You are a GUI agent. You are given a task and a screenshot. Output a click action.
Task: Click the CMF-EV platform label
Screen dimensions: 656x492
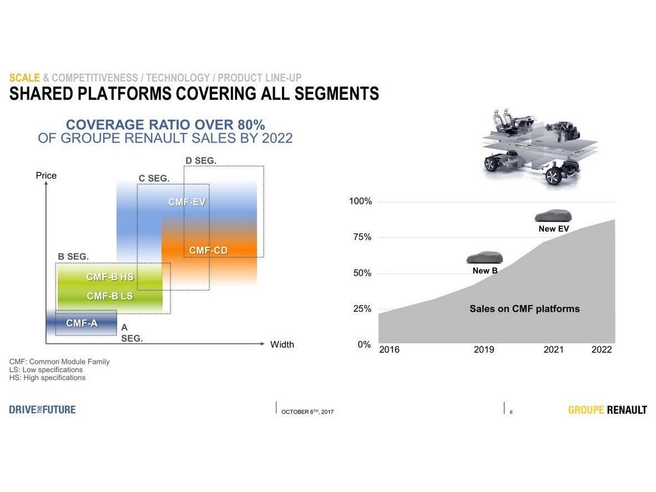click(187, 202)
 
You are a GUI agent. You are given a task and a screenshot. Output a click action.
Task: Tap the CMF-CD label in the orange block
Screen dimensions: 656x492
click(208, 251)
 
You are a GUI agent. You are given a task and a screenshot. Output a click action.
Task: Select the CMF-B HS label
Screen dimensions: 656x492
click(110, 277)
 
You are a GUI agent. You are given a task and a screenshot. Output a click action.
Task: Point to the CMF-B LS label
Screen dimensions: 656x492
click(110, 296)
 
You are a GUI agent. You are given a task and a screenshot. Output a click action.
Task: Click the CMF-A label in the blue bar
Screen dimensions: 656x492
click(82, 323)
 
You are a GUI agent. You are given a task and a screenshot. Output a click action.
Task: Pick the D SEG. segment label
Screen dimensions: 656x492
click(201, 161)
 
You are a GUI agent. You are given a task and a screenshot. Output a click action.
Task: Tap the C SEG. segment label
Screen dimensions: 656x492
click(154, 178)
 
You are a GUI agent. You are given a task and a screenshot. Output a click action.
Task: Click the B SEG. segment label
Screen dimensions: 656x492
click(73, 257)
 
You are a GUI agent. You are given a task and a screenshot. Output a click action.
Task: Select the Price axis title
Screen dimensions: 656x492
click(46, 176)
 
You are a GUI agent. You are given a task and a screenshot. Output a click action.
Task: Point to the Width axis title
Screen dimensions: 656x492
click(282, 344)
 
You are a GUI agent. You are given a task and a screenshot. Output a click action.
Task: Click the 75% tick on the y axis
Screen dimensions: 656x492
click(362, 237)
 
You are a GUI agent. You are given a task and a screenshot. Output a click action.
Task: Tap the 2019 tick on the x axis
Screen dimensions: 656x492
click(484, 350)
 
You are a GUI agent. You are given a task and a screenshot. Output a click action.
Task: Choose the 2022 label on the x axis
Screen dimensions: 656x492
click(602, 350)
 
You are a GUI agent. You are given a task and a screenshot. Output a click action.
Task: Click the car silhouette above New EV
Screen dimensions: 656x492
click(553, 215)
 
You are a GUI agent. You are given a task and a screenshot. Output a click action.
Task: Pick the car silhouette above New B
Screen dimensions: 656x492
click(484, 257)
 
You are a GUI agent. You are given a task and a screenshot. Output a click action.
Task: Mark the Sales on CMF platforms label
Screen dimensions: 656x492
click(525, 309)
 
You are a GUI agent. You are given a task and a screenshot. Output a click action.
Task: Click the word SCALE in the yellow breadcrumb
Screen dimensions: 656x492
click(25, 77)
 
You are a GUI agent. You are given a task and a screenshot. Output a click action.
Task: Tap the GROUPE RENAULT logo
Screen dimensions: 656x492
click(607, 410)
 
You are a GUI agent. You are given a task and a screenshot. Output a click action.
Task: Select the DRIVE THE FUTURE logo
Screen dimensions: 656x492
click(42, 410)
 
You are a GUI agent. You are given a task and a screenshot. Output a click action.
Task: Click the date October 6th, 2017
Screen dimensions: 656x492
click(307, 412)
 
